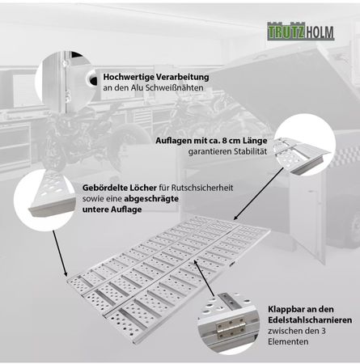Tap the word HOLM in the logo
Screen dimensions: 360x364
point(320,32)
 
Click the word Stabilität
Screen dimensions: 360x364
point(251,151)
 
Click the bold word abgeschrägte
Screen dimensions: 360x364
point(151,199)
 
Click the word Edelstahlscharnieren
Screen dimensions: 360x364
point(310,320)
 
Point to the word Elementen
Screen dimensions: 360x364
point(288,341)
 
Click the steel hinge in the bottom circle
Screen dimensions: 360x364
point(231,329)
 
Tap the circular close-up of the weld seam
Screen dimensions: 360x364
point(66,81)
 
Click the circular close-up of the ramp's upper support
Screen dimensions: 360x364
point(304,144)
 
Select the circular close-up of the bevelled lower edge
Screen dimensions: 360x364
point(44,200)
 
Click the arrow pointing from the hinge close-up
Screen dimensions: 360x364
point(204,278)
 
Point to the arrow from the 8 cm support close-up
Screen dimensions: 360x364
point(259,193)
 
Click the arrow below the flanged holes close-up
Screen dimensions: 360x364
point(60,253)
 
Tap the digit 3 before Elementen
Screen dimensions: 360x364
point(323,331)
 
